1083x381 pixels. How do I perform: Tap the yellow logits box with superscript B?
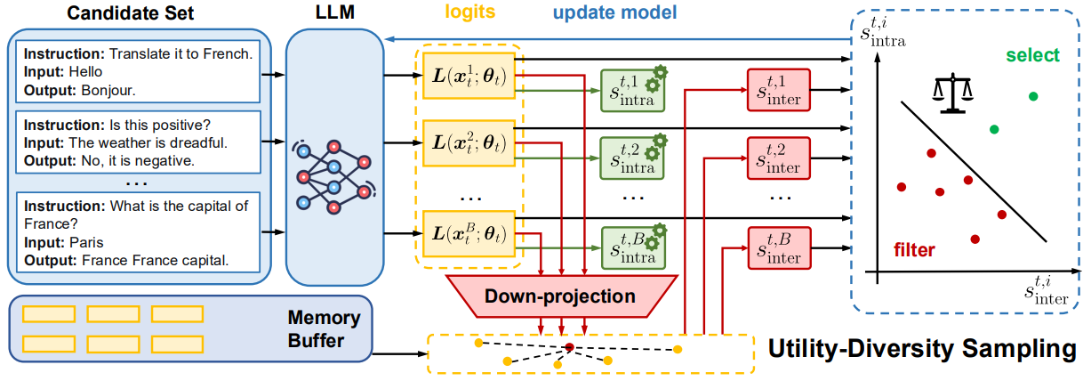click(468, 232)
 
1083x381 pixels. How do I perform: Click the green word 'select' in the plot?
click(1032, 56)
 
